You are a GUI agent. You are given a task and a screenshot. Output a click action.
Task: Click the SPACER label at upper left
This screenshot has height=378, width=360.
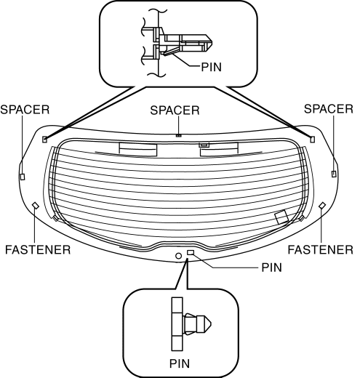[25, 110]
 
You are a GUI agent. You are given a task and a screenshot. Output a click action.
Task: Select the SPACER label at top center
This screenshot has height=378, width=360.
[175, 110]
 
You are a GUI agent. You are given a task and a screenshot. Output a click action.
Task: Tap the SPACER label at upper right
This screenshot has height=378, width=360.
[329, 109]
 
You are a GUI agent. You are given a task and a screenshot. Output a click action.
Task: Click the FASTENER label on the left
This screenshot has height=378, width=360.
[38, 249]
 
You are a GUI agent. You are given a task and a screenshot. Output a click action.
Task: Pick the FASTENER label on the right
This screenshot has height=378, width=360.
[320, 249]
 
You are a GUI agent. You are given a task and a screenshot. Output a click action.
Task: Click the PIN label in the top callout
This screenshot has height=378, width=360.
[212, 67]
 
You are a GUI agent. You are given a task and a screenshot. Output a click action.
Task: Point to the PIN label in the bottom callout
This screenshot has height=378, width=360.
[180, 363]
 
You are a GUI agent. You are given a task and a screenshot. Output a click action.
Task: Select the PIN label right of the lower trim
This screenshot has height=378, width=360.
[271, 268]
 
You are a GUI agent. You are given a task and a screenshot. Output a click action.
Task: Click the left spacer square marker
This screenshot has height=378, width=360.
[23, 177]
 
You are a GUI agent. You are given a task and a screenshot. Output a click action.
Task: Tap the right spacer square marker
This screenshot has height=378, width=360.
[334, 174]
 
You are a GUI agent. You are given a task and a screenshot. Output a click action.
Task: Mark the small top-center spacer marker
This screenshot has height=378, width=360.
[179, 135]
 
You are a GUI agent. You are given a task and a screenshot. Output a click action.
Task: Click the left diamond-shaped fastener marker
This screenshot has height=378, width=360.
[36, 206]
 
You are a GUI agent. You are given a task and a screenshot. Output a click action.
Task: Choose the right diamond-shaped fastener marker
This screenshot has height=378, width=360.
[322, 206]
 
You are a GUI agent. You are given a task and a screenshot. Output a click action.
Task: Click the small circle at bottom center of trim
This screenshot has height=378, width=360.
[178, 256]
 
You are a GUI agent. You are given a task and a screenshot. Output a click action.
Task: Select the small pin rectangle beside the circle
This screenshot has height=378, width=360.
[191, 253]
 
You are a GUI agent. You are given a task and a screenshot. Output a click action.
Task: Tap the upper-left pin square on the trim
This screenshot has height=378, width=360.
[45, 140]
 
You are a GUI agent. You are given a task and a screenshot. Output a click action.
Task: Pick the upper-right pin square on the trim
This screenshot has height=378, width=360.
[313, 140]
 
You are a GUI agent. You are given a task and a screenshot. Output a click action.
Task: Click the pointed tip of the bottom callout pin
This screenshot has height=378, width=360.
[211, 323]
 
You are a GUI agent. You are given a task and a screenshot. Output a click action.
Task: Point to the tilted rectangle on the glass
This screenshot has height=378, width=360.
[281, 217]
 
